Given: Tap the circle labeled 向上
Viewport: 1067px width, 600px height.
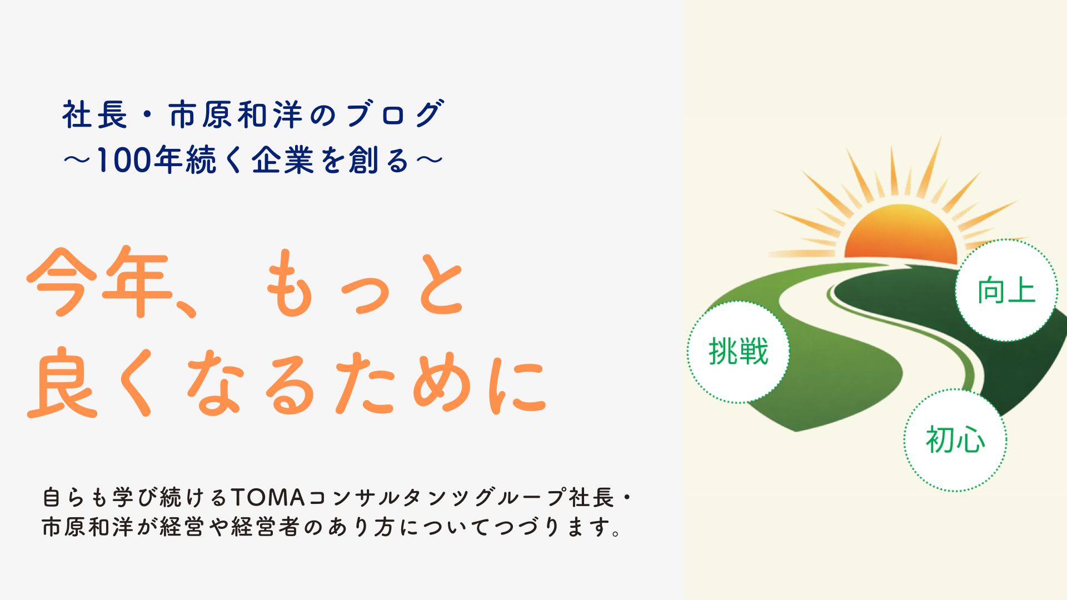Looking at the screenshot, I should [1006, 291].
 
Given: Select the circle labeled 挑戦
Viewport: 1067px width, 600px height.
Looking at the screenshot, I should [739, 352].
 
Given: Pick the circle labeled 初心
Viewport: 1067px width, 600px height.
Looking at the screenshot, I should [955, 440].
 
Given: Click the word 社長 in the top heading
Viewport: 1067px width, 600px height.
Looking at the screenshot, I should [94, 115].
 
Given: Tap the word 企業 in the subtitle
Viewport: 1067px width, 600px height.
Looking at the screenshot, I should [283, 161].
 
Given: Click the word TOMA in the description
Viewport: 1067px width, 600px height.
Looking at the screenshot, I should [267, 497].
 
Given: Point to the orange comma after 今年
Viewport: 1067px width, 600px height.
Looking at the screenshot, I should [183, 309].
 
